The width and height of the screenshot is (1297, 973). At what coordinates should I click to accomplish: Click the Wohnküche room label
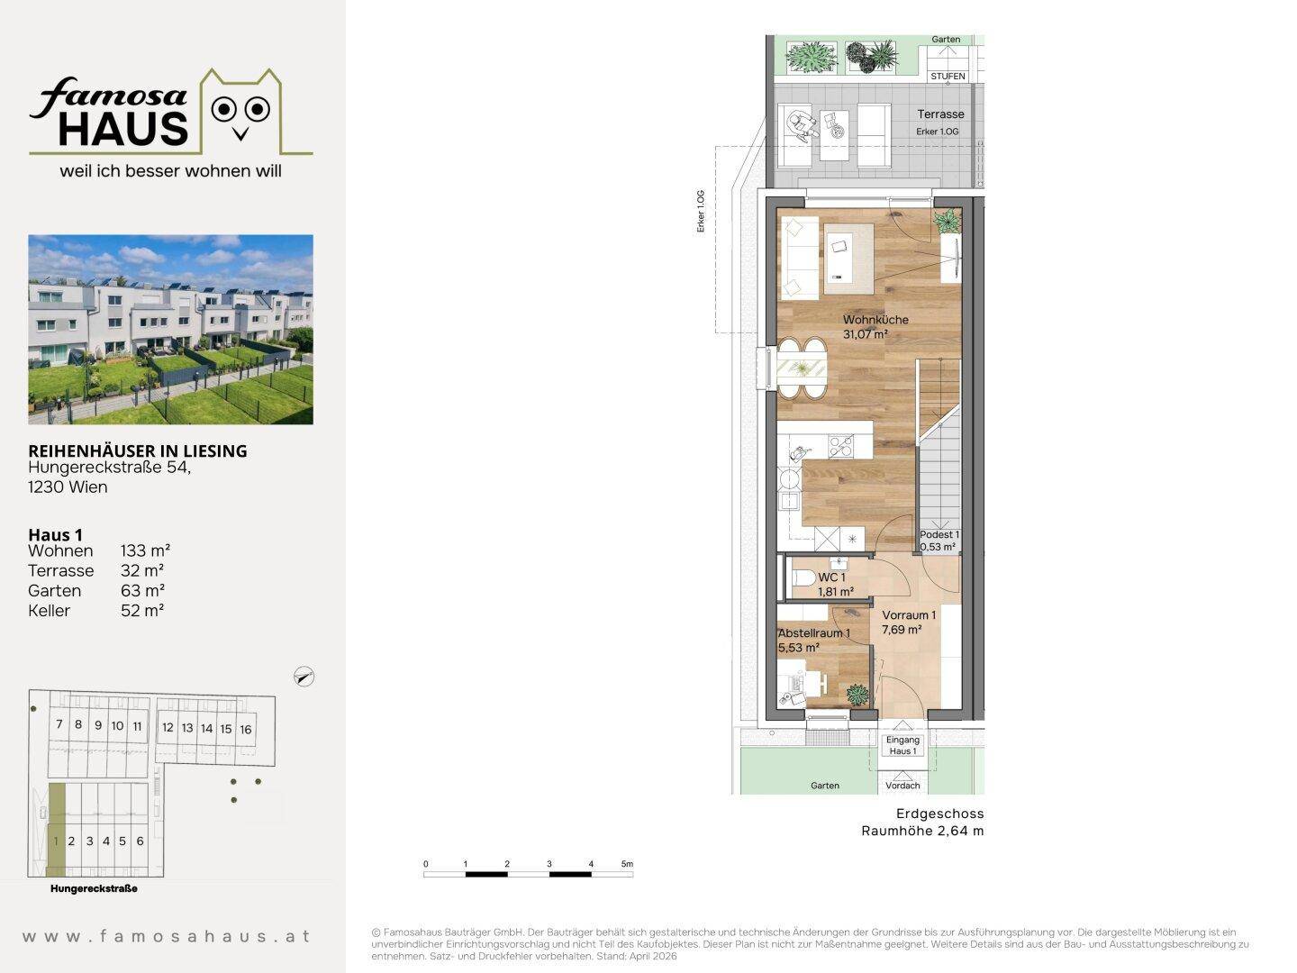pyautogui.click(x=875, y=320)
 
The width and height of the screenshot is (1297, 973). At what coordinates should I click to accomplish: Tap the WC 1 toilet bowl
pyautogui.click(x=802, y=577)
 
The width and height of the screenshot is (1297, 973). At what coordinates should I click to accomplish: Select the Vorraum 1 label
pyautogui.click(x=909, y=615)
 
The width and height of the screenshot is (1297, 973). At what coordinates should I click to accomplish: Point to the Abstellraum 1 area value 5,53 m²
pyautogui.click(x=798, y=648)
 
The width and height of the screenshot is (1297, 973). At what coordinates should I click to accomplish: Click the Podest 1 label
pyautogui.click(x=939, y=534)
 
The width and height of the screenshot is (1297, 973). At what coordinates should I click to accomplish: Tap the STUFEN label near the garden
pyautogui.click(x=948, y=77)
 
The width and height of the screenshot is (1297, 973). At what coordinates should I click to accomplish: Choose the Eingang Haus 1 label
pyautogui.click(x=902, y=746)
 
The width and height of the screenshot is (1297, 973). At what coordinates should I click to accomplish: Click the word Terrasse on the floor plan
pyautogui.click(x=940, y=114)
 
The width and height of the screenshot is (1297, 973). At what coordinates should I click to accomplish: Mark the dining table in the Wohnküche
pyautogui.click(x=802, y=369)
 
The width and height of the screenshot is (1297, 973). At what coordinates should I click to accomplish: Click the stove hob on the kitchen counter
pyautogui.click(x=841, y=446)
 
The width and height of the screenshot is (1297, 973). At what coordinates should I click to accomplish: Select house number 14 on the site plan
pyautogui.click(x=206, y=729)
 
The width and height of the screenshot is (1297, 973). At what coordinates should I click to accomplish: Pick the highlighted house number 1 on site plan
pyautogui.click(x=56, y=841)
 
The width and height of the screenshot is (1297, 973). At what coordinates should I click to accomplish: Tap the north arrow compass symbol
pyautogui.click(x=304, y=677)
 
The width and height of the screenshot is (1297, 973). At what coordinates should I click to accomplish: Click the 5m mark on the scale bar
pyautogui.click(x=627, y=864)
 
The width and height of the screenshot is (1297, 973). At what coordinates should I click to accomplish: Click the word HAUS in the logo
pyautogui.click(x=122, y=129)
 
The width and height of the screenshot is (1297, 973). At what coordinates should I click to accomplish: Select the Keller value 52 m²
pyautogui.click(x=142, y=611)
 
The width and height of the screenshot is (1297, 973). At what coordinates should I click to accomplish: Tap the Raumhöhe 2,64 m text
pyautogui.click(x=922, y=831)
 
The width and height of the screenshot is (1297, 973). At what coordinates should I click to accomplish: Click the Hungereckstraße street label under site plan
pyautogui.click(x=94, y=888)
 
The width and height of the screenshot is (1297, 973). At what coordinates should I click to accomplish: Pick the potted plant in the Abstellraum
pyautogui.click(x=857, y=695)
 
